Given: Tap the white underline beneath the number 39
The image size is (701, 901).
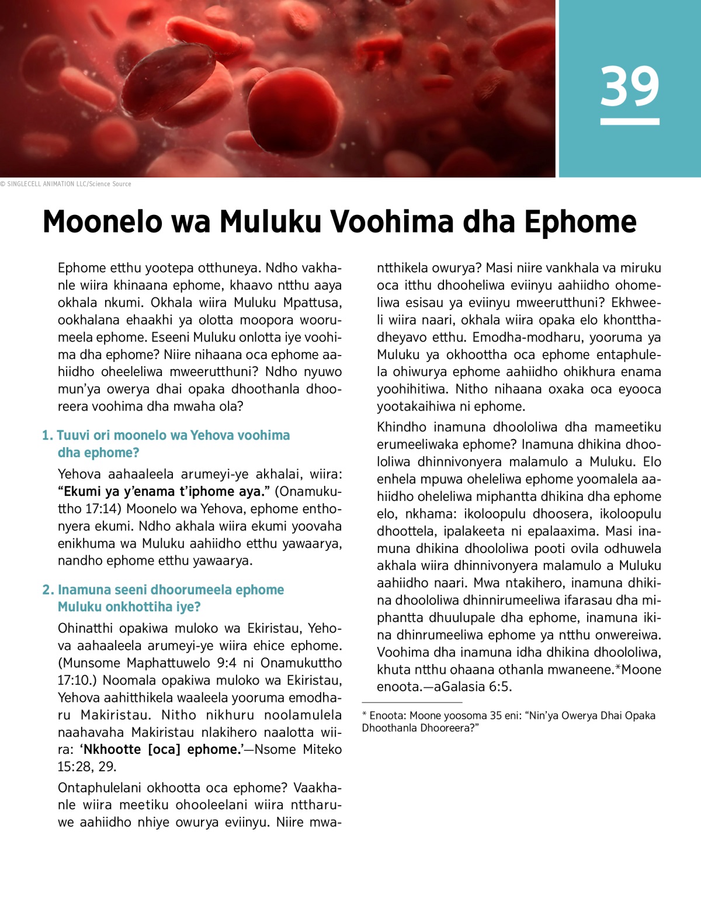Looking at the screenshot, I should point(630,121).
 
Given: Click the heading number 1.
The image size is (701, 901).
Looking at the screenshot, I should point(47,435).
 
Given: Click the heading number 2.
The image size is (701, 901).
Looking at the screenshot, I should point(47,590).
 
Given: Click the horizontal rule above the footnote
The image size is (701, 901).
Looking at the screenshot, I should point(412,702).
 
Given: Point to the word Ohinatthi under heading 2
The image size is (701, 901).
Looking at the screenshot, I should point(86,628).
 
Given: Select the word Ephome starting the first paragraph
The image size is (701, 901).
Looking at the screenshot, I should point(82,268).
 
